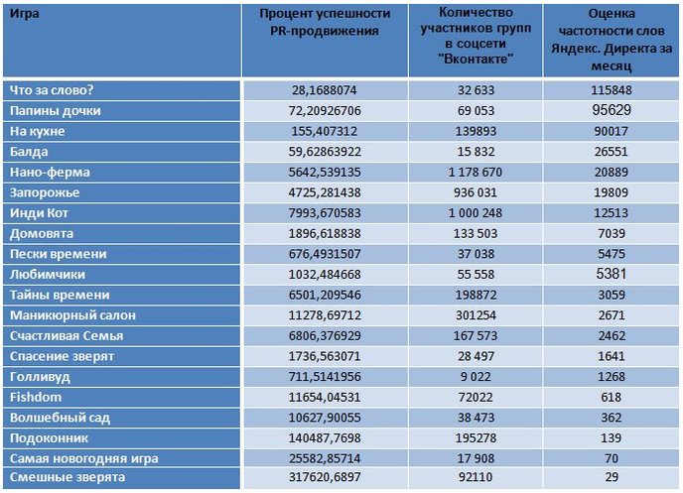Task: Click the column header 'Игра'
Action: tap(25, 14)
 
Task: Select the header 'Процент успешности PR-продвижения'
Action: tap(325, 22)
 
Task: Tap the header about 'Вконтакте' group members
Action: tap(476, 36)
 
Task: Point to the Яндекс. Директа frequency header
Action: tap(612, 40)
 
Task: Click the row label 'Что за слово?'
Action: tap(52, 90)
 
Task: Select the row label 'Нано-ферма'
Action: tap(50, 172)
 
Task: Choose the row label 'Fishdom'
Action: tap(36, 397)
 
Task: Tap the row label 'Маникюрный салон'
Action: tap(72, 315)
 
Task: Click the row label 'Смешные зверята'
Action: tap(68, 477)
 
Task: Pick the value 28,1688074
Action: tap(325, 90)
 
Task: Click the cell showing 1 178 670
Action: tap(476, 172)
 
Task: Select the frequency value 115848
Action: tap(612, 90)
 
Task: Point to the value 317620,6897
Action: tap(325, 477)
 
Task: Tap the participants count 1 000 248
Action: tap(476, 213)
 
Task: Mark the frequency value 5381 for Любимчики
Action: tap(612, 274)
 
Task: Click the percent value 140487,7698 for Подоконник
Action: tap(325, 437)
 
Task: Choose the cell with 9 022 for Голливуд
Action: tap(476, 376)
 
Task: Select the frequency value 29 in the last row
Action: tap(612, 477)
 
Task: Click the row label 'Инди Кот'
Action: tap(39, 213)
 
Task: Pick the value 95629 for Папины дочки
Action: tap(612, 110)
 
